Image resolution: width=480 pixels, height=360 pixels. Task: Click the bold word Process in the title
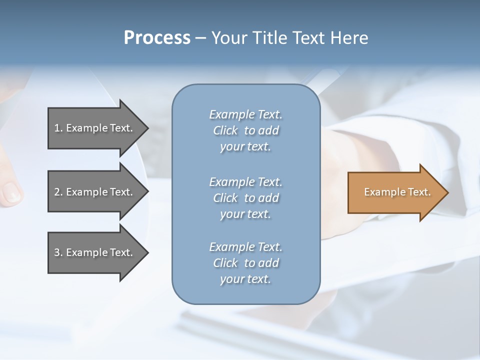(157, 38)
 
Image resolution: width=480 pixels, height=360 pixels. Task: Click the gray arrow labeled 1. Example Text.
(95, 128)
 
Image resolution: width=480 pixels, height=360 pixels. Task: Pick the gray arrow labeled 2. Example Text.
(95, 192)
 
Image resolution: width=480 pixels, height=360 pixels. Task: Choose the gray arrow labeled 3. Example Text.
(95, 252)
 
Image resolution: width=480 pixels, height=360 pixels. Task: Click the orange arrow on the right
(395, 192)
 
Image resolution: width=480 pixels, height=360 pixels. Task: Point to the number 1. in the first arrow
(58, 128)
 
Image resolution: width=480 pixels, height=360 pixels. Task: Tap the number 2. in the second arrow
(58, 192)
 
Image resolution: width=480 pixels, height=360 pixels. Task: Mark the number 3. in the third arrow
(58, 252)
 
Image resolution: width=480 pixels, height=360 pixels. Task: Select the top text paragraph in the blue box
(245, 130)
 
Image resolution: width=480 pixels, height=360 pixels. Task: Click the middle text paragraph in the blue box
(245, 198)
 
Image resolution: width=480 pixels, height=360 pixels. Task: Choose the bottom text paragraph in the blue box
(245, 263)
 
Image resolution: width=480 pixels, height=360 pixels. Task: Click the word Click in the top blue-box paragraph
(225, 131)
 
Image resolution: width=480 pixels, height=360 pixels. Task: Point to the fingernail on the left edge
(11, 192)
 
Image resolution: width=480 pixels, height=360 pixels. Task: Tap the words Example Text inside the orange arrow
(397, 192)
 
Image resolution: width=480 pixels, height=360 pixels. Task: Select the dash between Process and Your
(200, 38)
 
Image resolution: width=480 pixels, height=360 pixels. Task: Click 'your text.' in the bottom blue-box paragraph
(245, 279)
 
